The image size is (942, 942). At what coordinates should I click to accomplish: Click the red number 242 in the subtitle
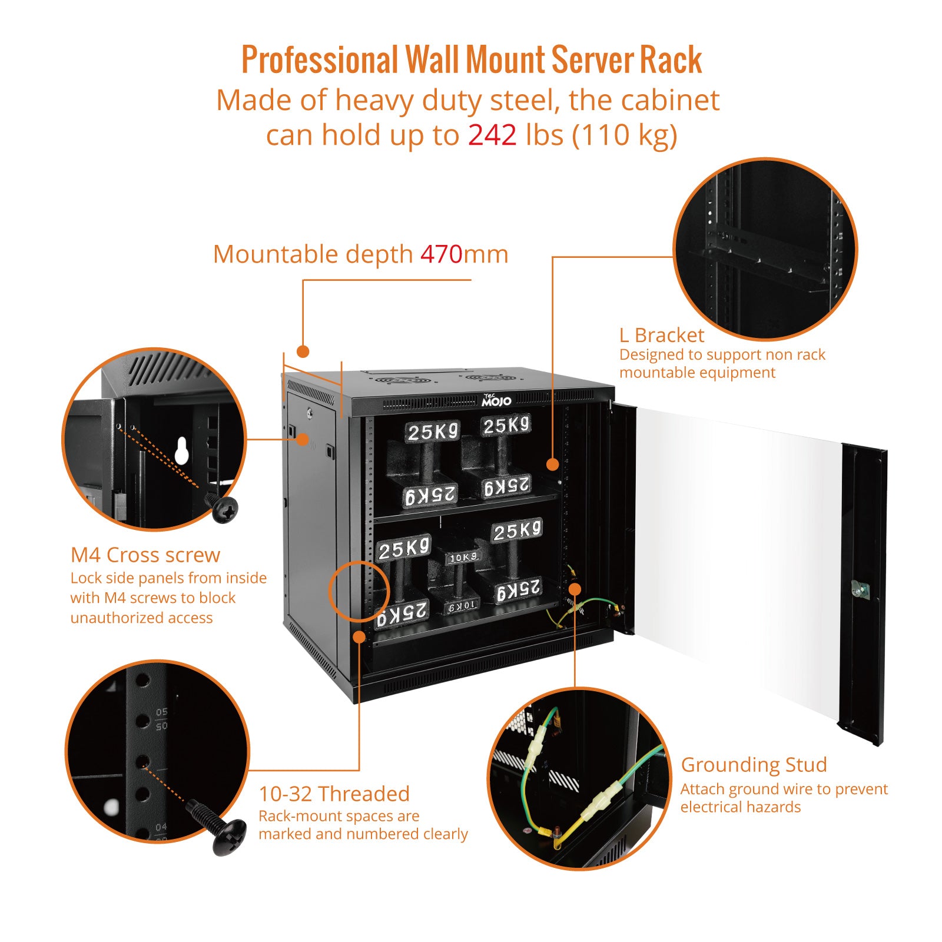point(492,135)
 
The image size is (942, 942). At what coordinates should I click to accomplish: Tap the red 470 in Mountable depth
point(441,254)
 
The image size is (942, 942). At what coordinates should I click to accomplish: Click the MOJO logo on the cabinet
point(496,400)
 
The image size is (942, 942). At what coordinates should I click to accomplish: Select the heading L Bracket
point(661,335)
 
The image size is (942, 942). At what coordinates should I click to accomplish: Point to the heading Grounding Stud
point(754,765)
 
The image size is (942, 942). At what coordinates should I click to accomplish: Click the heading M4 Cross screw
point(145,555)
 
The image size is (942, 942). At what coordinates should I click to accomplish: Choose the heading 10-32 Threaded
point(334,794)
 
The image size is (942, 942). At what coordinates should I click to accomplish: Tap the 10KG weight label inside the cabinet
point(463,557)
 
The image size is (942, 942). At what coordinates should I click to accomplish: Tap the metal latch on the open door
point(860,589)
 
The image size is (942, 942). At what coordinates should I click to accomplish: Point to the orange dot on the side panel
point(303,439)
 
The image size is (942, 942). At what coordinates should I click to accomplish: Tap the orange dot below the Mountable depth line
point(303,351)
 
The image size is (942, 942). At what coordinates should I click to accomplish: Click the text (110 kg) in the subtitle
point(625,135)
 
